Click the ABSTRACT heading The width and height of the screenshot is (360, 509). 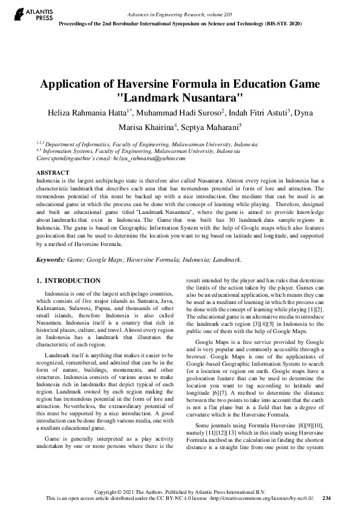[52, 172]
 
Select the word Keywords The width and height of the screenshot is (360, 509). [50, 259]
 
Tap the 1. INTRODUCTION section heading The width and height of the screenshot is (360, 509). [68, 280]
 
